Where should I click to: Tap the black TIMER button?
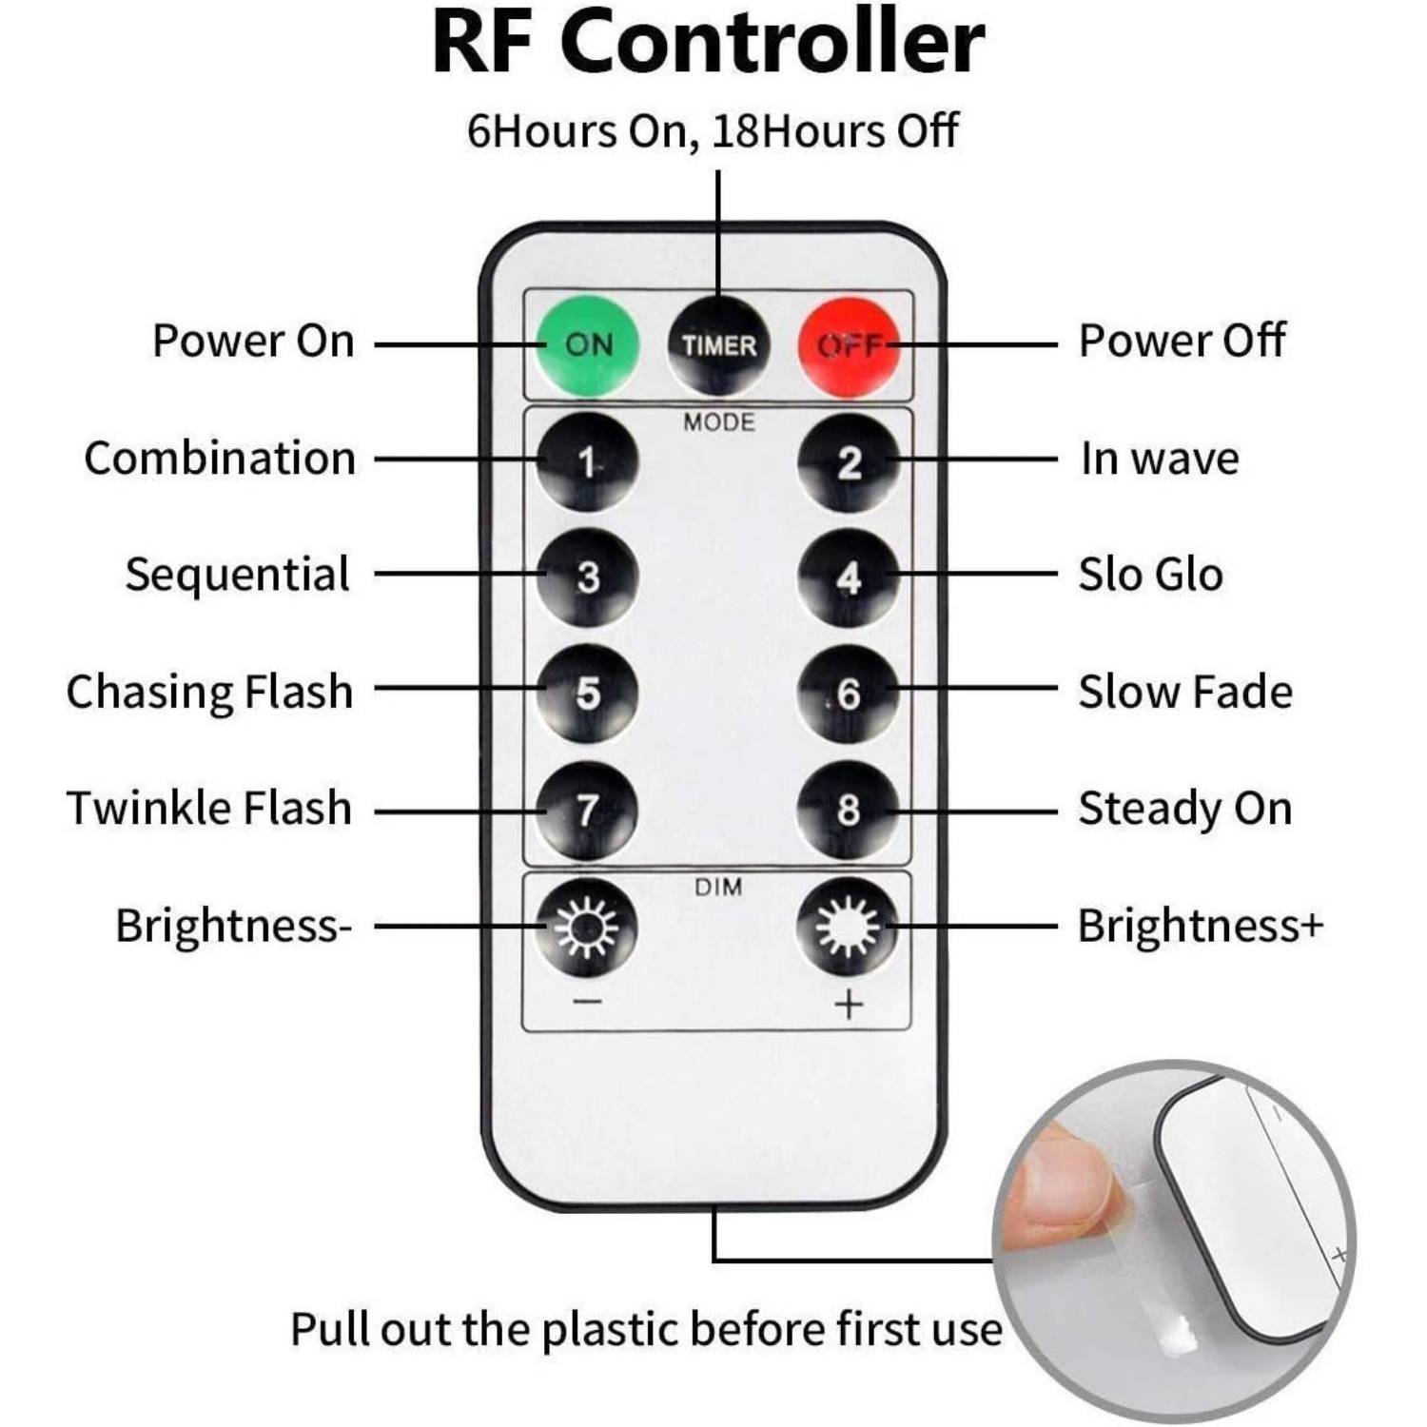(718, 345)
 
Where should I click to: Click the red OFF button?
(849, 345)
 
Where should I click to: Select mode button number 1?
(587, 462)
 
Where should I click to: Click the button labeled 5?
(587, 694)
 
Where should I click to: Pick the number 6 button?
(849, 694)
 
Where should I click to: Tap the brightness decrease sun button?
(587, 927)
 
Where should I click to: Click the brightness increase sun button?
(849, 927)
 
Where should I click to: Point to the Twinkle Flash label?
(209, 808)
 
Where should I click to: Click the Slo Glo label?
(1150, 575)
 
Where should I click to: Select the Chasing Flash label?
(209, 692)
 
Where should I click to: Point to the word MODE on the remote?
(718, 421)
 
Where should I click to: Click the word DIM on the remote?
(718, 887)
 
